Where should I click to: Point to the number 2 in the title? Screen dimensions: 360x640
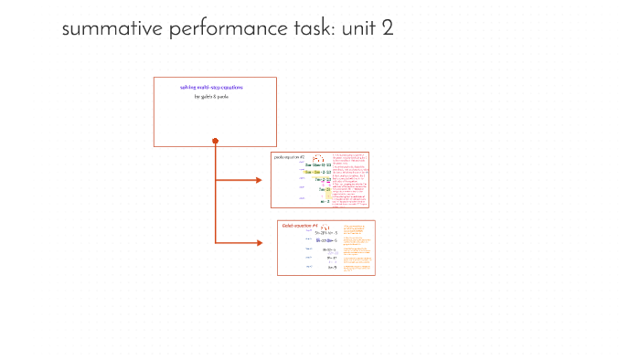click(388, 29)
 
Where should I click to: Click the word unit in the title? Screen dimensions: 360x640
click(360, 29)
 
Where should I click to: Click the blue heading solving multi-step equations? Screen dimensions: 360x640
click(215, 87)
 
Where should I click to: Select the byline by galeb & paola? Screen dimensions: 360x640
click(215, 96)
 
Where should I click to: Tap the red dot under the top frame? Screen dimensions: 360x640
click(215, 141)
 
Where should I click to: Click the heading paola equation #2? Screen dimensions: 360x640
click(290, 157)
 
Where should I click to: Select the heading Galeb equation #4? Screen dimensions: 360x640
click(299, 225)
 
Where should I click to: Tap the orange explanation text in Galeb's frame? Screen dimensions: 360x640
click(357, 247)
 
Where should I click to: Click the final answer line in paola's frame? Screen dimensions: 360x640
click(325, 202)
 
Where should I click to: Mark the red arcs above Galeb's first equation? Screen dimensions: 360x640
click(324, 228)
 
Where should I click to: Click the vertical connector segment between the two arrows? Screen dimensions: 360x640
click(215, 211)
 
